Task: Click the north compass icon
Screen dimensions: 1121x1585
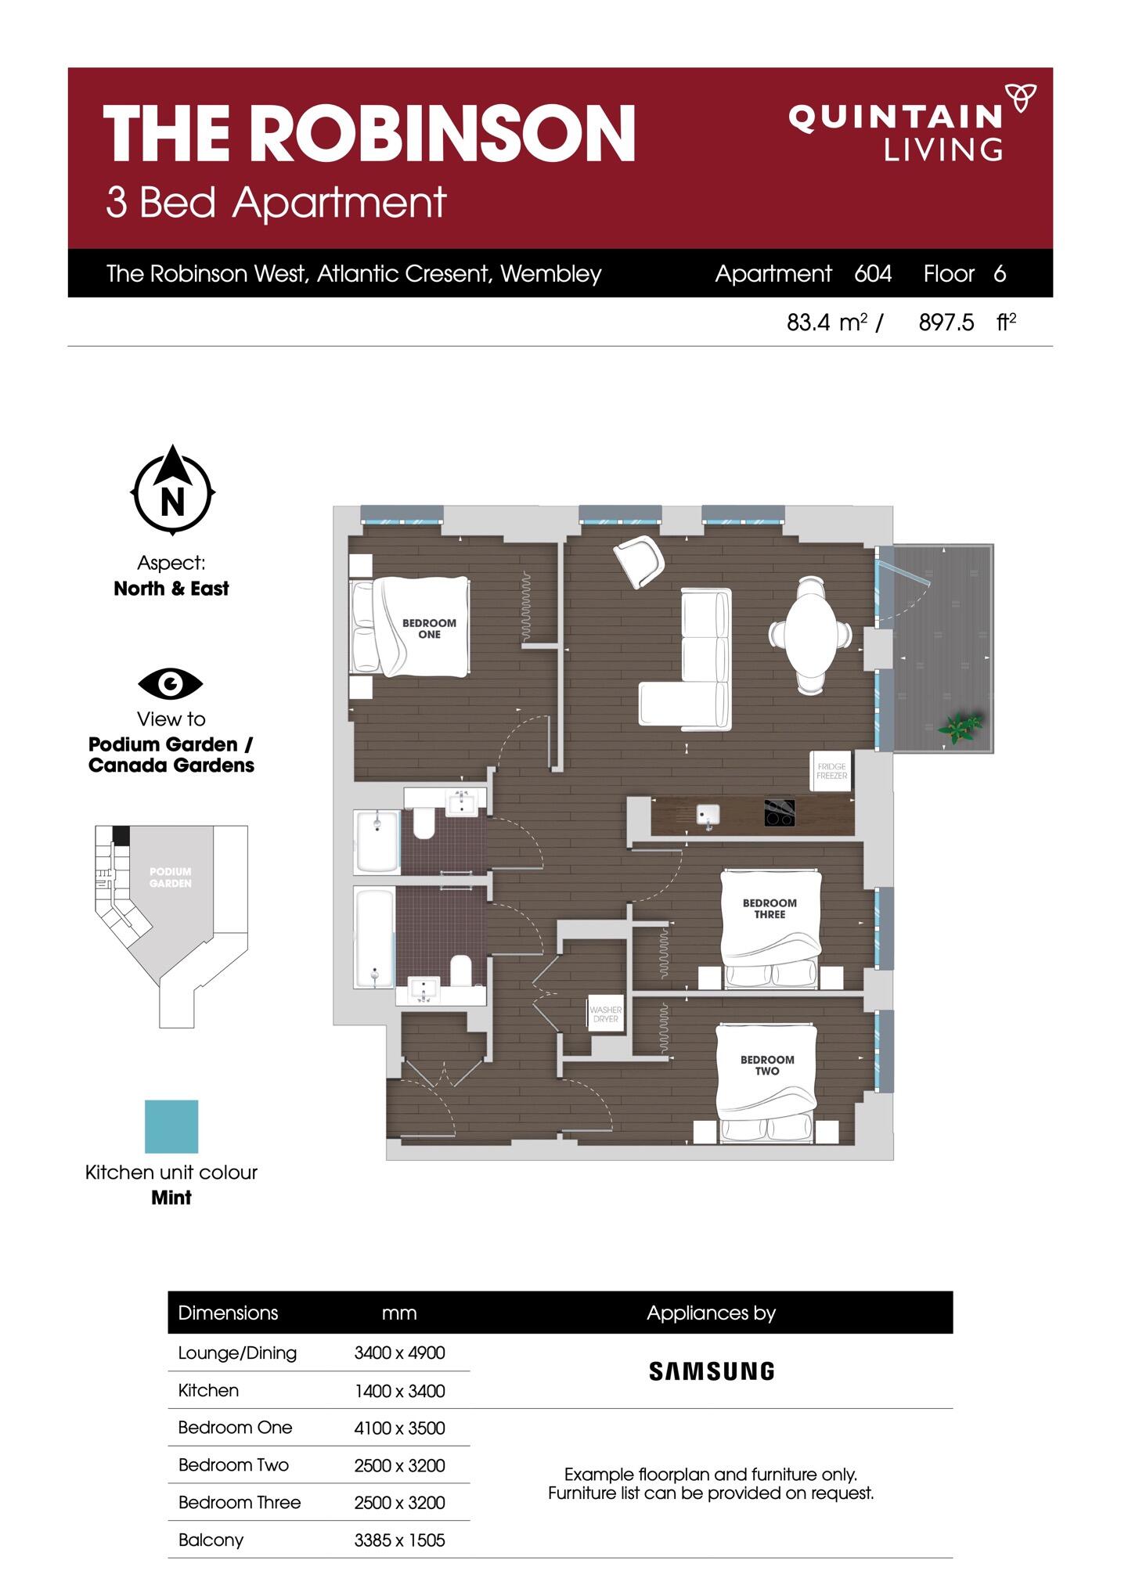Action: pos(172,491)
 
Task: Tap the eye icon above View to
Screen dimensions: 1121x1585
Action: pos(171,683)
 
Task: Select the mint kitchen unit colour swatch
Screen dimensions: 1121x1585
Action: pos(171,1126)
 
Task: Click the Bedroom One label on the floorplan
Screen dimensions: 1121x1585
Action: pos(429,629)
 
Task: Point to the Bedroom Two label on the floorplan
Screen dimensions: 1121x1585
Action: pos(767,1065)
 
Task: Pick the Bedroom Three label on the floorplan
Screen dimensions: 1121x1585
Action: pos(770,908)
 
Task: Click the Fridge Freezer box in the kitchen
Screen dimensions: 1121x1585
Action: pos(831,771)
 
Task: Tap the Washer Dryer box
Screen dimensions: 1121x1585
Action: pos(605,1014)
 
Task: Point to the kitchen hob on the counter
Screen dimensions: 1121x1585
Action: pos(780,812)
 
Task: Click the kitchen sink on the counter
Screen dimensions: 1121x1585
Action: pos(708,815)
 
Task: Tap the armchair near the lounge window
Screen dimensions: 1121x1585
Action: pos(640,560)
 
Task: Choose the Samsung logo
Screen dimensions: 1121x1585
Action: pos(712,1371)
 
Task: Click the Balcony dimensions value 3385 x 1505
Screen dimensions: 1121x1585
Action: pos(399,1540)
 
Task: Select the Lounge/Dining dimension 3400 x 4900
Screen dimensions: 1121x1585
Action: pos(399,1353)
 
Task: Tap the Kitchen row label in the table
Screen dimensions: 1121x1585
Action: pos(208,1390)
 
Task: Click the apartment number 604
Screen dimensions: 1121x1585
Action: pos(873,273)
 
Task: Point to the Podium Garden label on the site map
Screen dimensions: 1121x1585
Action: pos(171,877)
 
